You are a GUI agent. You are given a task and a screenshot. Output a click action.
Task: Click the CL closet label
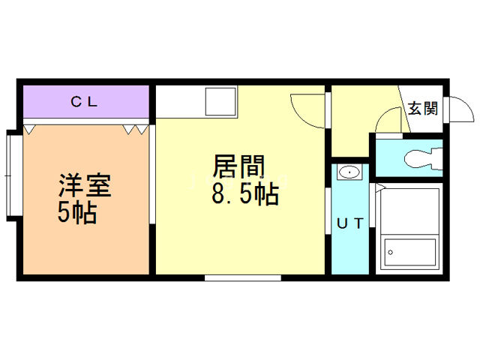pyautogui.click(x=84, y=102)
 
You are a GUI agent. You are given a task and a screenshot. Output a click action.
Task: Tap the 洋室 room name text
pyautogui.click(x=85, y=185)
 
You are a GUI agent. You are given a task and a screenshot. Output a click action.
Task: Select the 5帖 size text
pyautogui.click(x=77, y=212)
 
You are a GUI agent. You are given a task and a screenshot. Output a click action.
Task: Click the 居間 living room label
pyautogui.click(x=238, y=166)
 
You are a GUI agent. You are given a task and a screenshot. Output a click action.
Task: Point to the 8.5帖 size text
pyautogui.click(x=245, y=194)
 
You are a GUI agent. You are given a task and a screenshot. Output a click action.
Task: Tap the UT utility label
pyautogui.click(x=350, y=223)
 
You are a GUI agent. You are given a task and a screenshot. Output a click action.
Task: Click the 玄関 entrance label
pyautogui.click(x=423, y=108)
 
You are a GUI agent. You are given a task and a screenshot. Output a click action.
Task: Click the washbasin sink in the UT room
pyautogui.click(x=349, y=172)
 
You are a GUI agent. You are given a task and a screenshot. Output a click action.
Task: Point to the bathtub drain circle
pyautogui.click(x=390, y=253)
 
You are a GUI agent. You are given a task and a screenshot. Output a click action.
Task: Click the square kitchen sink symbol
pyautogui.click(x=220, y=102)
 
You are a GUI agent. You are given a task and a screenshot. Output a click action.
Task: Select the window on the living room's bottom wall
pyautogui.click(x=243, y=278)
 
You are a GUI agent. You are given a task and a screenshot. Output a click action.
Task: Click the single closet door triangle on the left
pyautogui.click(x=29, y=130)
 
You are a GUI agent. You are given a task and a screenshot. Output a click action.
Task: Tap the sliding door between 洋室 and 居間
pyautogui.click(x=152, y=175)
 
